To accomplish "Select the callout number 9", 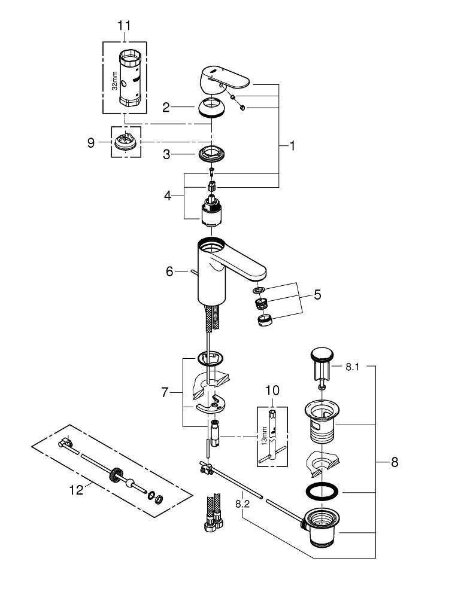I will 90,144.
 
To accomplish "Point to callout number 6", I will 170,271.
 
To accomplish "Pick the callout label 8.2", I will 242,504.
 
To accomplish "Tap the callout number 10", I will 272,390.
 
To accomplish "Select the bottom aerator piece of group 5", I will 264,321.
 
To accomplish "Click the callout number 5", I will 317,294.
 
